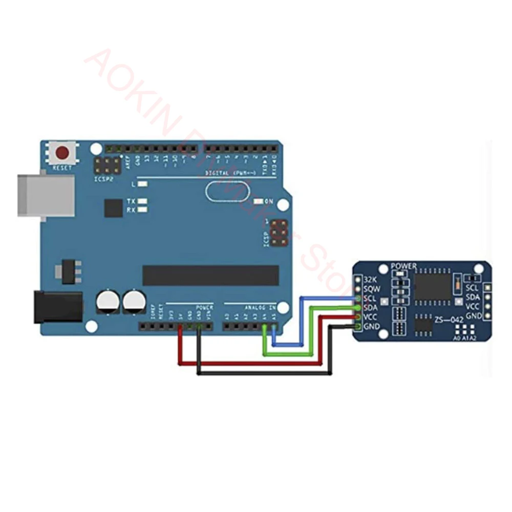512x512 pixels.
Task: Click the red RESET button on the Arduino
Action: (63, 153)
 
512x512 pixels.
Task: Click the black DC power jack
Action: (58, 307)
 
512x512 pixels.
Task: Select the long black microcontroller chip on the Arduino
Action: (210, 275)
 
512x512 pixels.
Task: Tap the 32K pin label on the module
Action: (370, 280)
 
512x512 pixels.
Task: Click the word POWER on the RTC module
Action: (403, 266)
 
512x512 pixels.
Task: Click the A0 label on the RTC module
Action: (457, 338)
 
